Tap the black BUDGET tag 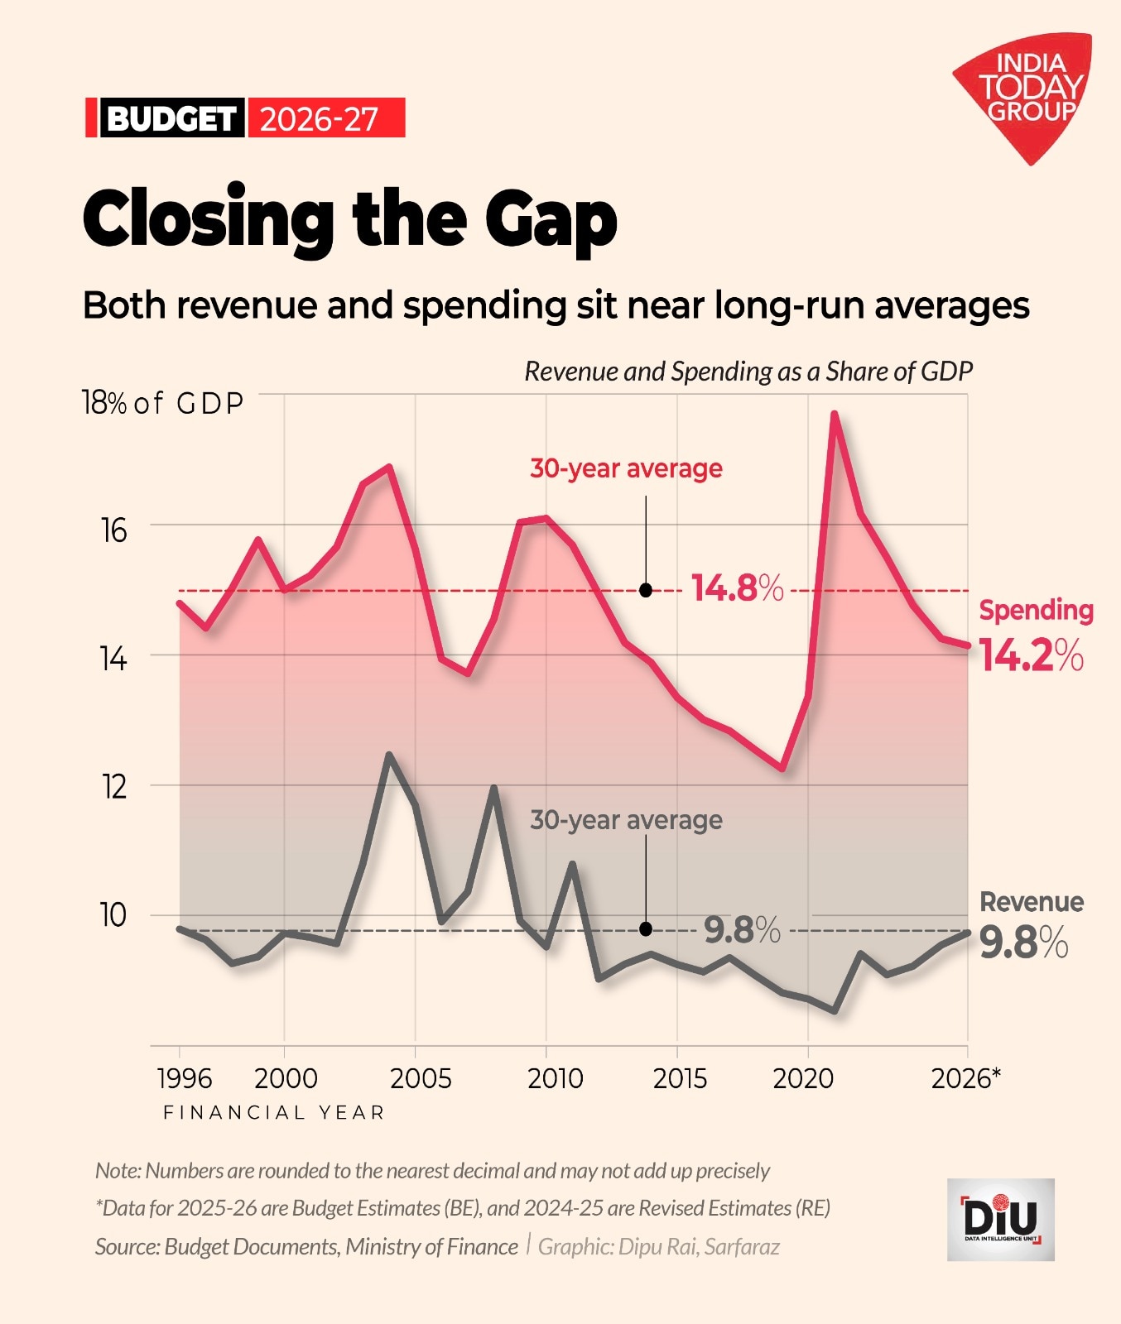(x=172, y=118)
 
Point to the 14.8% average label (x=737, y=588)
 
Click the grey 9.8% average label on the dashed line (x=742, y=930)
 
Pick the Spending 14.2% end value (x=1031, y=655)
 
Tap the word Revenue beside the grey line (x=1032, y=901)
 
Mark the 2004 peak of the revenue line (x=389, y=755)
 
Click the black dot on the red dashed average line (x=646, y=590)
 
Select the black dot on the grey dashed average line (x=646, y=929)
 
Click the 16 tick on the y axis (x=114, y=530)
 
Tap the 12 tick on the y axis (x=114, y=787)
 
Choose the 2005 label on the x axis (x=421, y=1078)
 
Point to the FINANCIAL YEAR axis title (x=274, y=1112)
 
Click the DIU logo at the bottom (x=1000, y=1219)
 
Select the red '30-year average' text (x=626, y=468)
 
